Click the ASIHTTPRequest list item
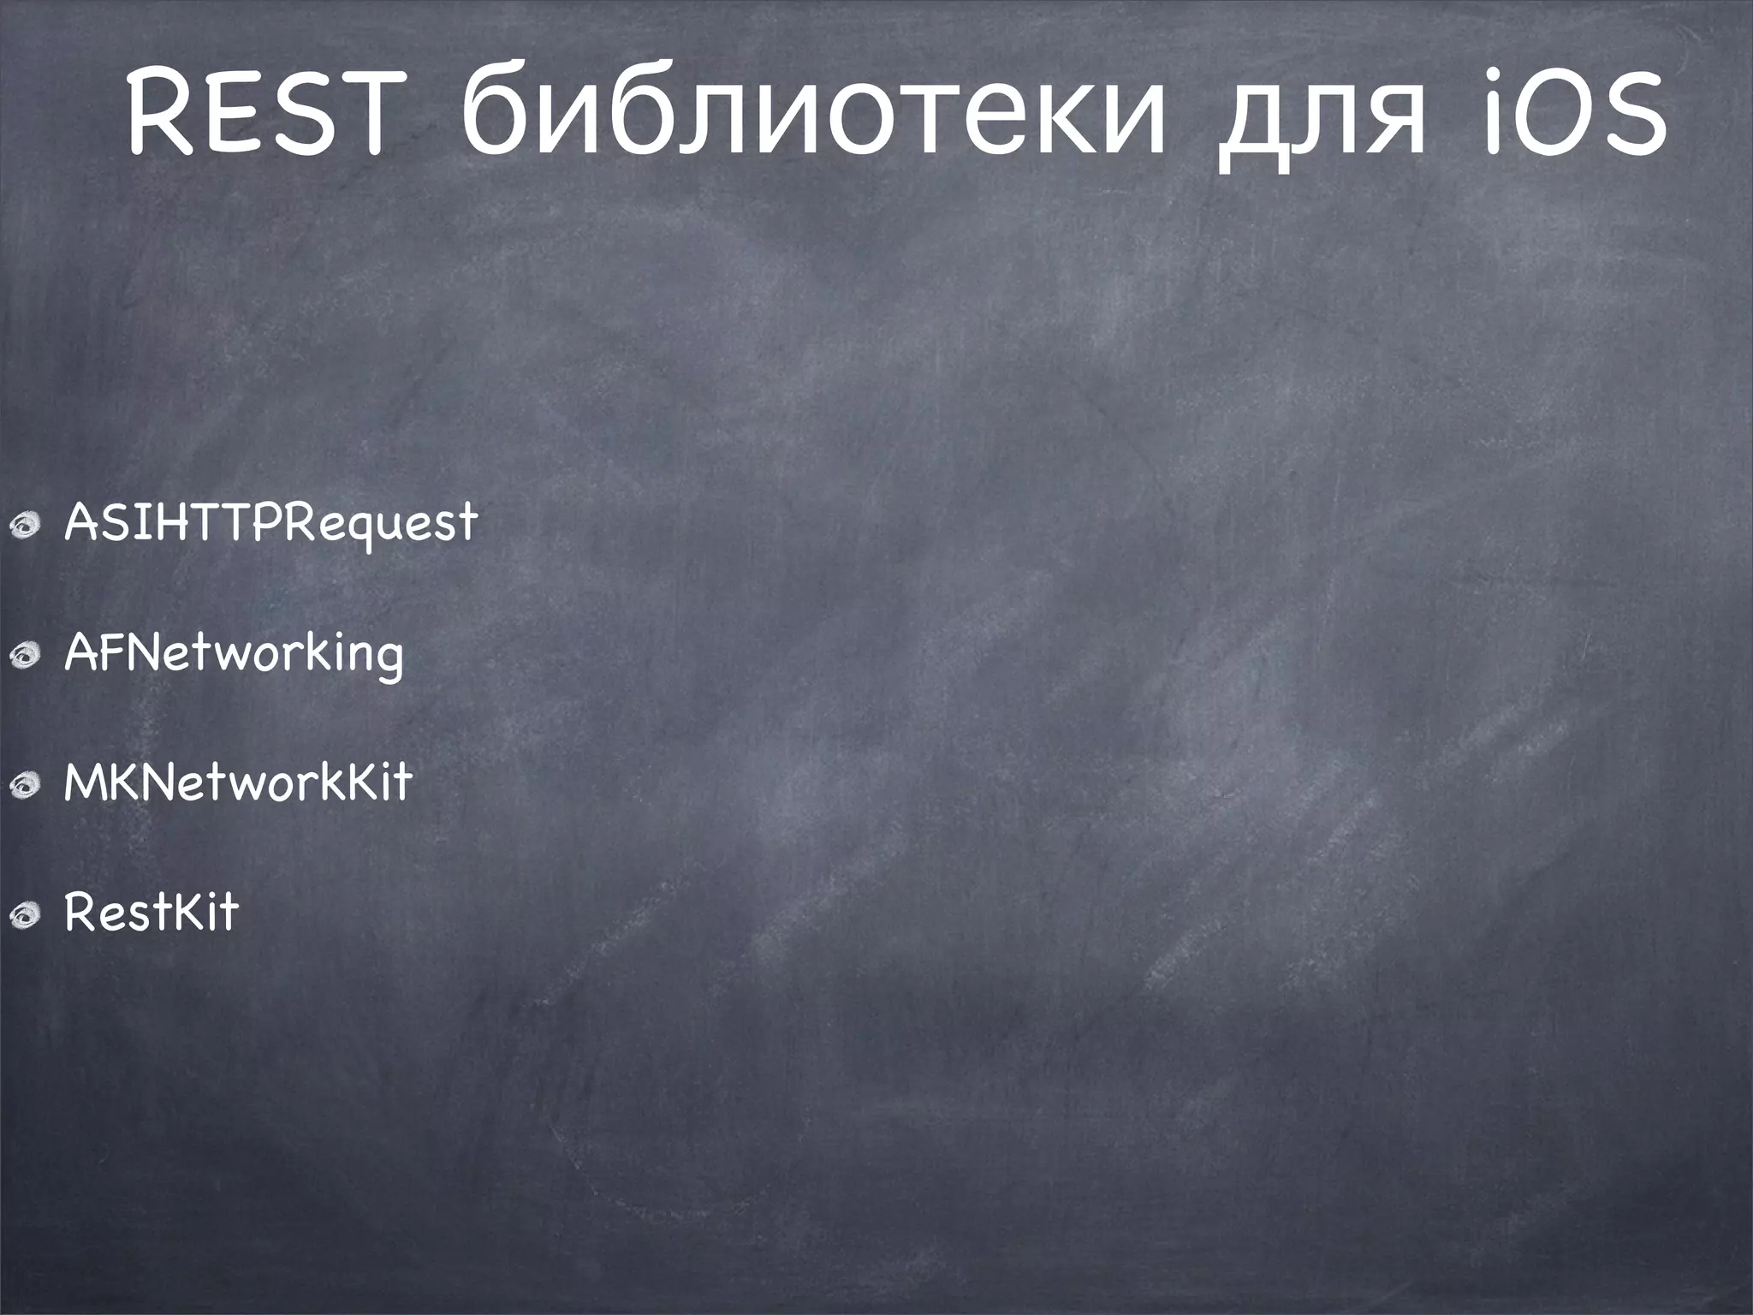tap(270, 521)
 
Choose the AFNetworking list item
tap(234, 653)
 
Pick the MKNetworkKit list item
tap(238, 782)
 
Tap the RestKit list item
tap(152, 913)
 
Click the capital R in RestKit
tap(82, 913)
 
